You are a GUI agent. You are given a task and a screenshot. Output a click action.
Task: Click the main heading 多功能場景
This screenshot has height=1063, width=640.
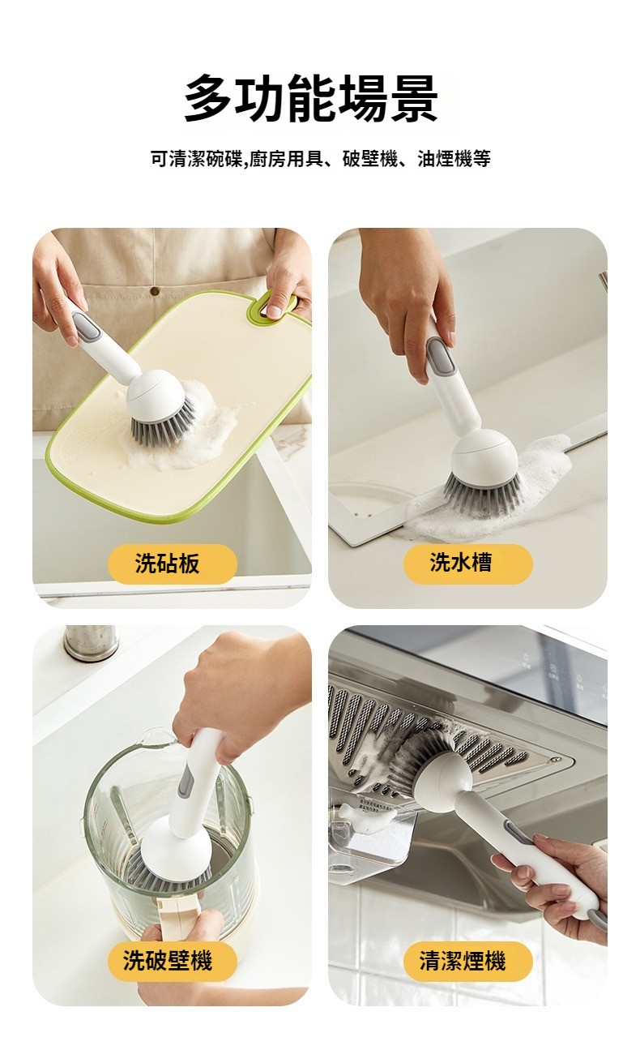point(311,99)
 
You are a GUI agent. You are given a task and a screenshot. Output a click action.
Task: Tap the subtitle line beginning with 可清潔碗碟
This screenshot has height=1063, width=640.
point(321,158)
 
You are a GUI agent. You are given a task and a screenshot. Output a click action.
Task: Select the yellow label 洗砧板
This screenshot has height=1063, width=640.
point(172,564)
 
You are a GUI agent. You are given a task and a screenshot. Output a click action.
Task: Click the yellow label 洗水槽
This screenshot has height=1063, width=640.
point(467,564)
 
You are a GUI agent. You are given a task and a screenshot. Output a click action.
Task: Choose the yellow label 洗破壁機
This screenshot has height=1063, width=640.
point(172,962)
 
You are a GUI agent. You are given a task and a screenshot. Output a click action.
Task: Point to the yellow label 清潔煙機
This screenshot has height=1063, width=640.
point(467,962)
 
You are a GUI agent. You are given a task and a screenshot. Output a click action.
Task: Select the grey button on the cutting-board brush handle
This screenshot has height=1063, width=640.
point(87,327)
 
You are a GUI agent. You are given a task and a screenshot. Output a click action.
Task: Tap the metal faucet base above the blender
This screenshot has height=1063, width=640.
point(90,642)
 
